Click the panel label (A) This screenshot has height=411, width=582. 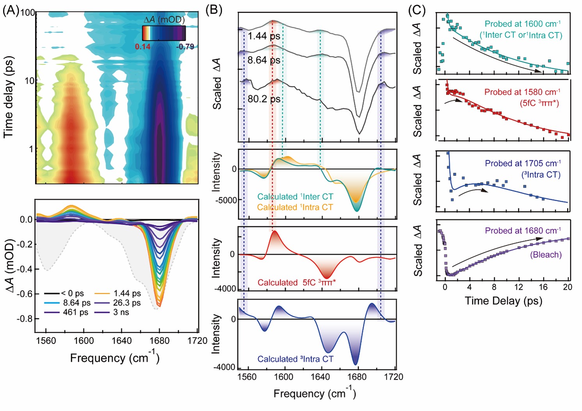11,10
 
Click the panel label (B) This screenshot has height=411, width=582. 214,9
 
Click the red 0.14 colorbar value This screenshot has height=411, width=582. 142,46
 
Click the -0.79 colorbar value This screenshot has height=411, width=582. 185,46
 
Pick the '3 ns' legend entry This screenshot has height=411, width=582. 121,312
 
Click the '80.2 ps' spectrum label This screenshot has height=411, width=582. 264,99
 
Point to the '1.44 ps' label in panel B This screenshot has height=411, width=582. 264,36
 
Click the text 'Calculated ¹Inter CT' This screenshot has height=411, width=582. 295,197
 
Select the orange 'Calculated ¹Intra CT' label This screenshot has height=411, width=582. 295,207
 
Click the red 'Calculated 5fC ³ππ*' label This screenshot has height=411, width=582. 296,282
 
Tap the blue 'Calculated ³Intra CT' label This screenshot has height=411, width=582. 295,359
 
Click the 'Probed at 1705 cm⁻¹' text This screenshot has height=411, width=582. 523,163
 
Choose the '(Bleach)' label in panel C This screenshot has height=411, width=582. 546,255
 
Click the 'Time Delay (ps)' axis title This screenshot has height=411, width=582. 504,300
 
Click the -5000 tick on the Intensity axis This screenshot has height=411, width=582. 226,200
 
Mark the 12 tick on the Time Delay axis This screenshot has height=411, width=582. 518,287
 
